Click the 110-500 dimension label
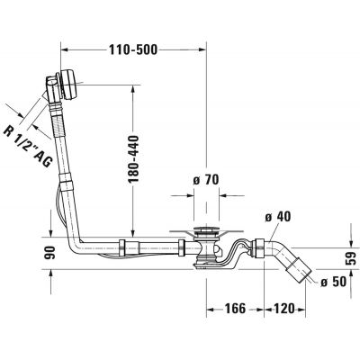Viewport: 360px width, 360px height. (132, 49)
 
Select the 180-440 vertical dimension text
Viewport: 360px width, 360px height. (133, 159)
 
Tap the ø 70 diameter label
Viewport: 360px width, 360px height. (206, 180)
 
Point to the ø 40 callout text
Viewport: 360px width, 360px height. (278, 217)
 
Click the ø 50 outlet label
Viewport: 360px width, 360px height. (333, 282)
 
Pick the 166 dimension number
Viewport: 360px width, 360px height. (235, 309)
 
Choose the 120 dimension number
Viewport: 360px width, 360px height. (284, 309)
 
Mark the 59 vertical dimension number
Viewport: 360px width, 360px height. (351, 258)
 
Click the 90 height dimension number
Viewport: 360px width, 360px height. (49, 252)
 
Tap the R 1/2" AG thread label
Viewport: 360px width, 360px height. (28, 147)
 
